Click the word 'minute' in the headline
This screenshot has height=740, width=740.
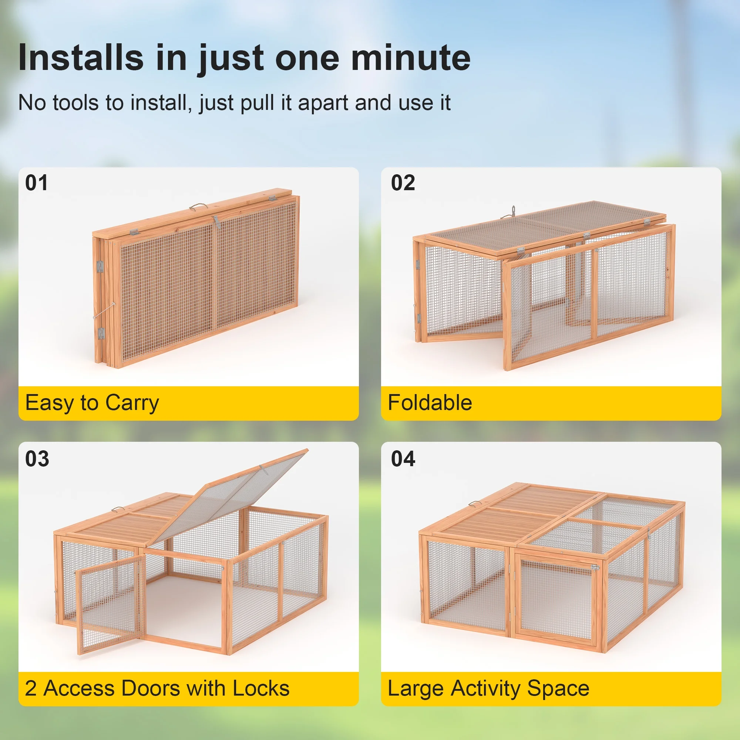410,58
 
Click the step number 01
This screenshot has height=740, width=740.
36,183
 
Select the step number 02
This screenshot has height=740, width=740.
403,183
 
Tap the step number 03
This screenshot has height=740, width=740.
37,458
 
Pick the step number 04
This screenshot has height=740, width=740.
403,458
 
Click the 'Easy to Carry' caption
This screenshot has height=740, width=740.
92,403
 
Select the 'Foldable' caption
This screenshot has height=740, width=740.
430,403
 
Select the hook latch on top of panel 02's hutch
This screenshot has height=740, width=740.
513,210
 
